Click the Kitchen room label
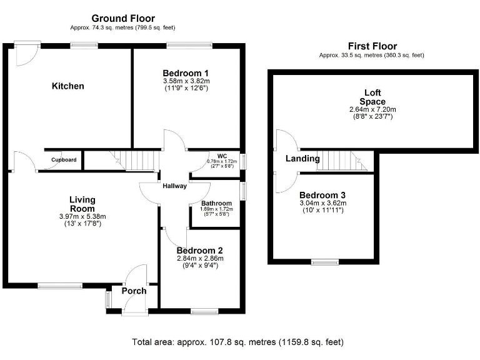click(x=67, y=86)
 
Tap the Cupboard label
click(x=64, y=160)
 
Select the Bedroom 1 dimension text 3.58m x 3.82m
click(x=186, y=81)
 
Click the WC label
click(x=222, y=156)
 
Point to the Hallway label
click(x=174, y=186)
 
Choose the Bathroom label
click(x=216, y=203)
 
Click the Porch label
click(x=134, y=291)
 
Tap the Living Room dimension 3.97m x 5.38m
click(x=82, y=216)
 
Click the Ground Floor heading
click(x=123, y=19)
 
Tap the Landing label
click(x=302, y=159)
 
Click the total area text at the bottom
click(x=237, y=342)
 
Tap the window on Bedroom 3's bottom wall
click(x=325, y=262)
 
